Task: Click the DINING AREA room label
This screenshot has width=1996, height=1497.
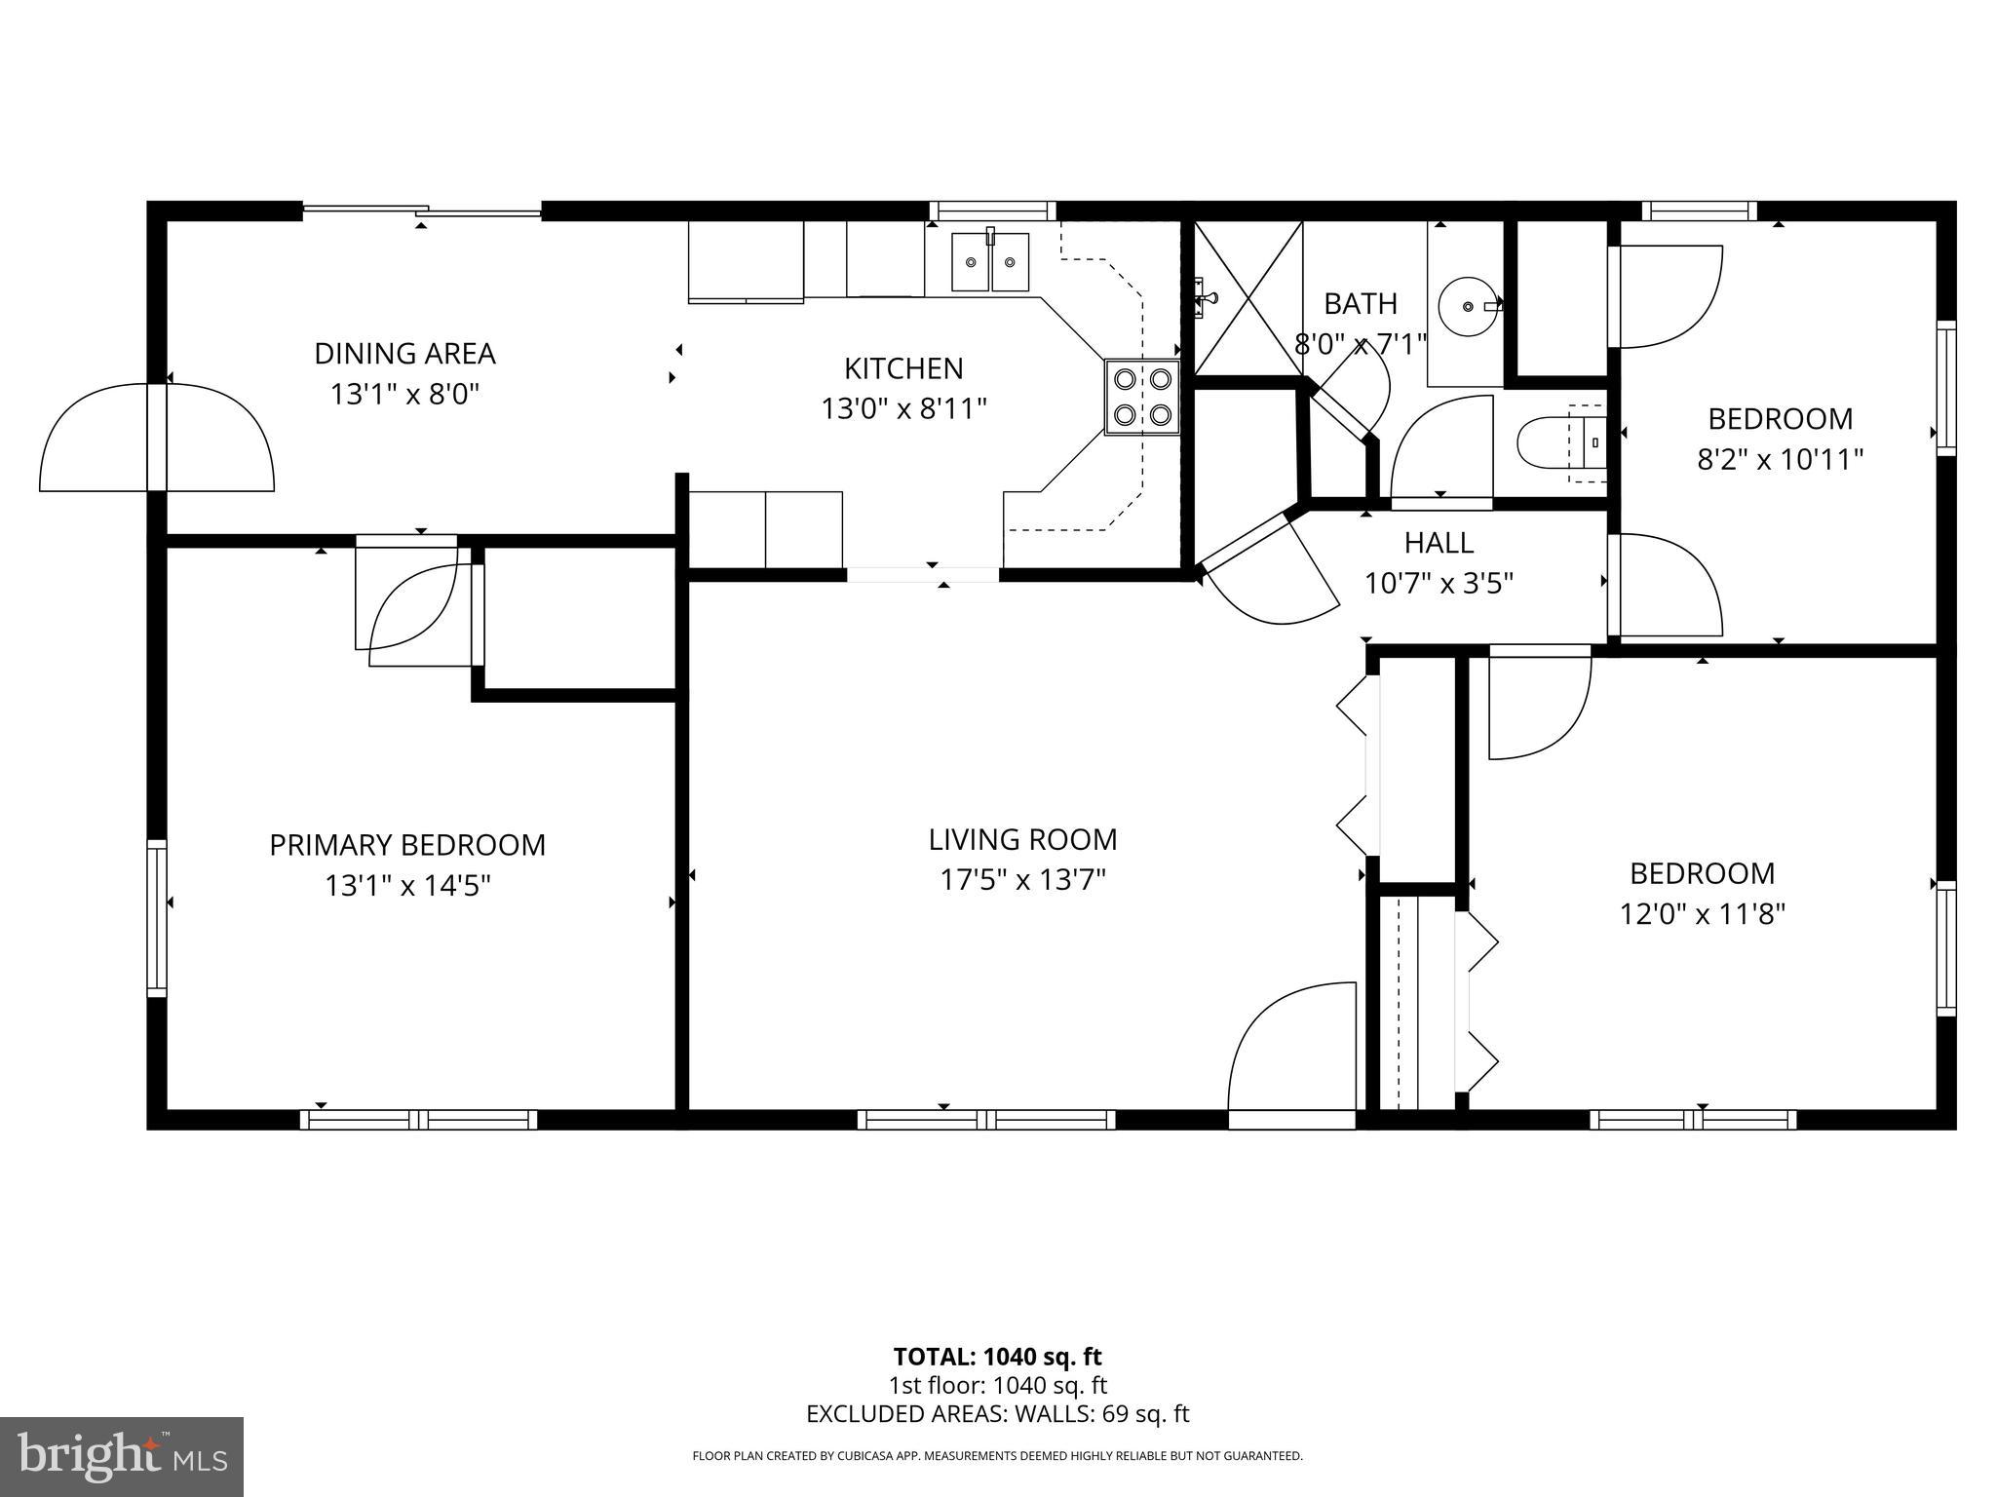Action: coord(404,353)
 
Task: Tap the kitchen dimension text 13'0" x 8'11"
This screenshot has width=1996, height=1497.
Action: coord(903,408)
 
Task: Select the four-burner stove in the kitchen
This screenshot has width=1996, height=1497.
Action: coord(1142,397)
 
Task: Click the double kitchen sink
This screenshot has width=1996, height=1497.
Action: coord(990,261)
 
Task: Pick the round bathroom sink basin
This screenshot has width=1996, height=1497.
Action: coord(1468,306)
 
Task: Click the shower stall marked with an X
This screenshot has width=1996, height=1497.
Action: coord(1248,298)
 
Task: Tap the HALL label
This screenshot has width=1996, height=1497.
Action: coord(1439,542)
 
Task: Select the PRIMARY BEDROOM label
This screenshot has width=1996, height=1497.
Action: coord(407,845)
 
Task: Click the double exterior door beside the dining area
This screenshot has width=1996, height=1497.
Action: coord(157,438)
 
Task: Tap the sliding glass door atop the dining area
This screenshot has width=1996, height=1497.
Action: coord(421,211)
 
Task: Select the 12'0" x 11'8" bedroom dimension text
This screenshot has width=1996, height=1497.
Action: coord(1702,914)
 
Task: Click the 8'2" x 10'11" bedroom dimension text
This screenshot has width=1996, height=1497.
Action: coord(1780,459)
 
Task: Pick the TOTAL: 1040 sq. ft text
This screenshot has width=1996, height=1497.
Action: coord(997,1357)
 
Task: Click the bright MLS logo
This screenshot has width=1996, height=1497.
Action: coord(121,1457)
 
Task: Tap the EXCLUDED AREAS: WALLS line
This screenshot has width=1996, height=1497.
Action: coord(997,1414)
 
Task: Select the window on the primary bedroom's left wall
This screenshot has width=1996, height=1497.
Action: coord(157,917)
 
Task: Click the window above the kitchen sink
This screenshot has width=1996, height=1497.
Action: coord(992,211)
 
